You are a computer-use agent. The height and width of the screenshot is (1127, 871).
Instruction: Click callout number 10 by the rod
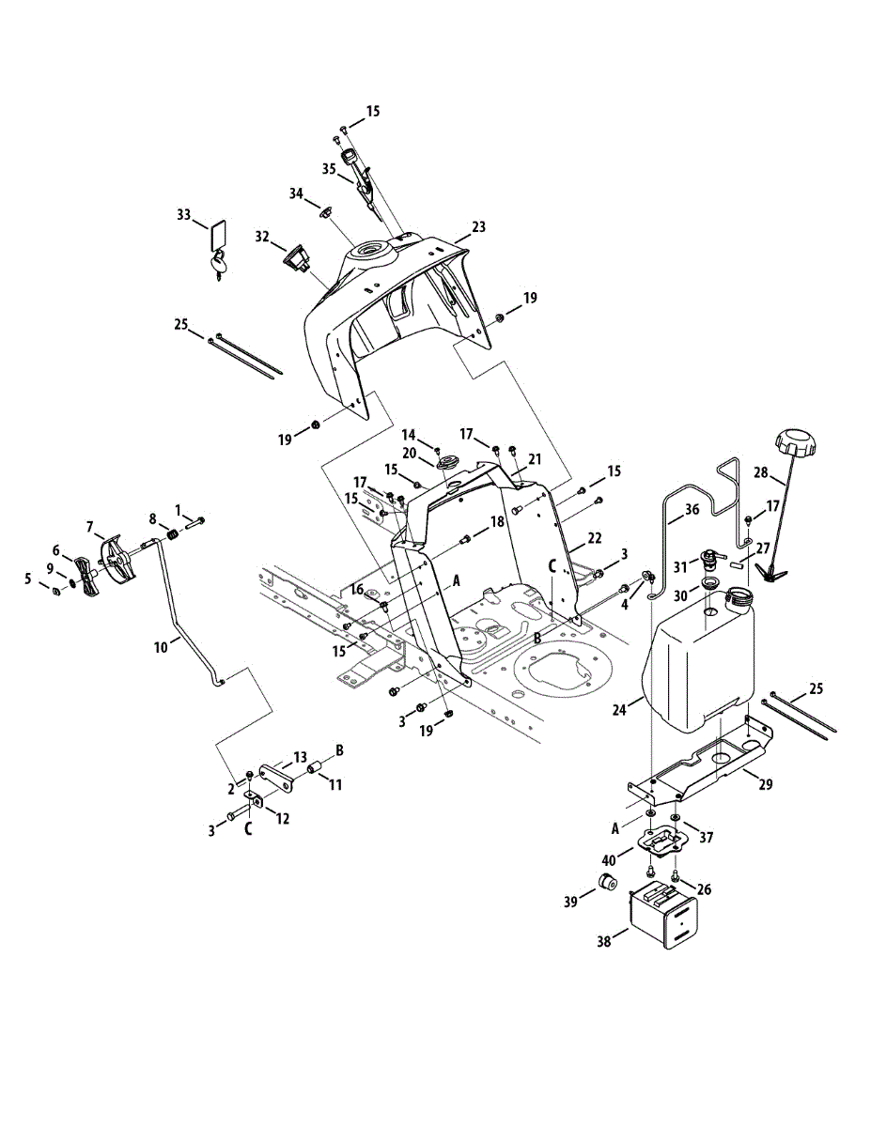click(162, 646)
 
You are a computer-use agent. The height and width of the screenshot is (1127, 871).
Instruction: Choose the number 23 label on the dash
click(478, 226)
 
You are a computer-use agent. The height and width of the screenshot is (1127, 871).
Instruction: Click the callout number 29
click(766, 784)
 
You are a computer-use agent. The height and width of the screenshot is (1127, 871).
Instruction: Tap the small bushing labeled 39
click(606, 883)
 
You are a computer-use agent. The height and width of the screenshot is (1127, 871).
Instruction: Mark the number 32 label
click(261, 235)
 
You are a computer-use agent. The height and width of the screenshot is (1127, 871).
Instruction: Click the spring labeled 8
click(173, 535)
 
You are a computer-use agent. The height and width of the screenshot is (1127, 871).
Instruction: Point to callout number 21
click(535, 459)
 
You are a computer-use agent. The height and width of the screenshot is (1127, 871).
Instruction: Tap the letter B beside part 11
click(339, 749)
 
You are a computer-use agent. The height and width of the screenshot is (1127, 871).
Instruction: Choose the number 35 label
click(329, 169)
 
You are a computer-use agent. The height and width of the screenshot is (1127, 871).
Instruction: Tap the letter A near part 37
click(616, 828)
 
